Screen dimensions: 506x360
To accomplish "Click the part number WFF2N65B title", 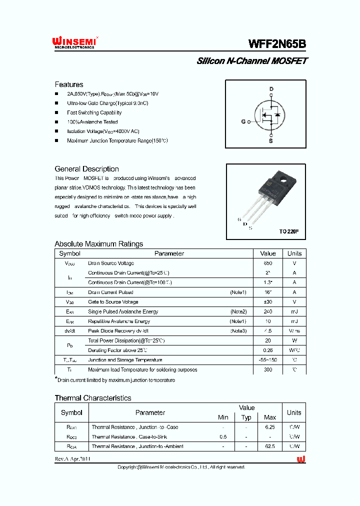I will tap(277, 44).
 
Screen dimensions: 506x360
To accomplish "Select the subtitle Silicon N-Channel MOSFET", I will tap(251, 61).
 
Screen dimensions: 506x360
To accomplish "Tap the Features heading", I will tap(69, 84).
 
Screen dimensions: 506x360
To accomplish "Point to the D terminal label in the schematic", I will tap(271, 89).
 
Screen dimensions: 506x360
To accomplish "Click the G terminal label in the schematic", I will tap(243, 121).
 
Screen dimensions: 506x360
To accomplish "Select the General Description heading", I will tap(86, 169).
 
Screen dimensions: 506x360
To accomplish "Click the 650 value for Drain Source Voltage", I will tap(268, 263).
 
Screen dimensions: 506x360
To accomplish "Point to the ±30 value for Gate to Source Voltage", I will tap(268, 302).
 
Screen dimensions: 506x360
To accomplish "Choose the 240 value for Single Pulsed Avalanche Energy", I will tap(268, 311).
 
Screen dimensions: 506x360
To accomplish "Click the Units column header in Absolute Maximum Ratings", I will tap(294, 253).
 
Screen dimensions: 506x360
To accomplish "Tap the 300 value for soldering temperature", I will tap(268, 369).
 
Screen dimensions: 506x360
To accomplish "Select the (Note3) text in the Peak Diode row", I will tap(238, 331).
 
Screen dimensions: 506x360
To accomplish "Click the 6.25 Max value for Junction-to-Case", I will tap(269, 427).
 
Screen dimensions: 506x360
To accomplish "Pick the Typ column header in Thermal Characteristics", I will tap(246, 417).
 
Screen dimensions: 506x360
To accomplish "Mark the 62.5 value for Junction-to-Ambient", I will tap(269, 446).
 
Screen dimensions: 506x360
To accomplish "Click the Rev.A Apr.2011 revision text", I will tap(73, 459).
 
